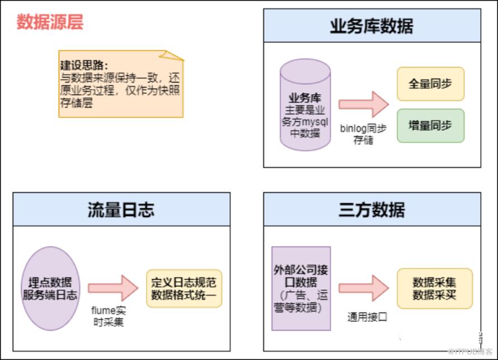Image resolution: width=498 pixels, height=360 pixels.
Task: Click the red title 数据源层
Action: [x=50, y=22]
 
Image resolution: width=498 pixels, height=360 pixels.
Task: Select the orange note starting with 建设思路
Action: [x=121, y=84]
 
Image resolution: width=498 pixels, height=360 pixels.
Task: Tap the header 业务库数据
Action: [x=372, y=25]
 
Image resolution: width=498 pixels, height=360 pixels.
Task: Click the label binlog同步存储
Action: [x=363, y=134]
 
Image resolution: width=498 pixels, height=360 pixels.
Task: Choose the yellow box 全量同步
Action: [x=430, y=83]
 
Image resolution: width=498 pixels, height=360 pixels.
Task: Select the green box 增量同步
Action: [x=430, y=125]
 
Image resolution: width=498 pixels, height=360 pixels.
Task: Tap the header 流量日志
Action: [x=121, y=209]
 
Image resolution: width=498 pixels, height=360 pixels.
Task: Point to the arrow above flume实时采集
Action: [x=112, y=288]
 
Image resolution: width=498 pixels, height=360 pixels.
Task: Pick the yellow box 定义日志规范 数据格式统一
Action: [x=184, y=288]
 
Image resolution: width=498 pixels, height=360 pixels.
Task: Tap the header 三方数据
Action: [x=372, y=209]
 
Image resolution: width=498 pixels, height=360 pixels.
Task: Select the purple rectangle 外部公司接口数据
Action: [x=301, y=288]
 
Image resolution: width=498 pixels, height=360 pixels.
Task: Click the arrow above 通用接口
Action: [x=363, y=288]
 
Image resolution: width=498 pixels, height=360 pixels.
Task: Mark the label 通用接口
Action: [x=367, y=317]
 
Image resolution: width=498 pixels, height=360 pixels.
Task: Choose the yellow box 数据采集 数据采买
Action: [x=434, y=288]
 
